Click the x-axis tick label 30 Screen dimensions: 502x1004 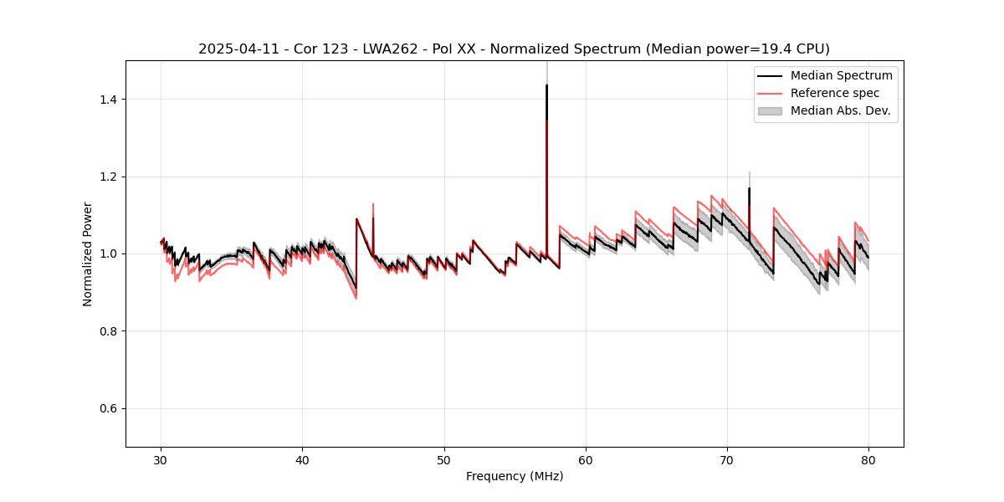(x=161, y=460)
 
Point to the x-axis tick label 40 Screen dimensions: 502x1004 (x=303, y=460)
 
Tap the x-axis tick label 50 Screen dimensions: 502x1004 (x=444, y=460)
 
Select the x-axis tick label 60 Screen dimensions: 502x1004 (x=586, y=460)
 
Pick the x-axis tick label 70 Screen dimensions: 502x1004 (x=727, y=460)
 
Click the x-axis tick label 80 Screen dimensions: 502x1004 (x=868, y=460)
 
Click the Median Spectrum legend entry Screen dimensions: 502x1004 (x=841, y=76)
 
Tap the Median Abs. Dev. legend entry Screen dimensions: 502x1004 (x=840, y=110)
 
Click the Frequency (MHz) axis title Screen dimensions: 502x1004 (x=515, y=477)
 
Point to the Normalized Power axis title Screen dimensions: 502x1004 (x=88, y=254)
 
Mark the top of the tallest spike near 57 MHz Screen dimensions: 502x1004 (x=546, y=85)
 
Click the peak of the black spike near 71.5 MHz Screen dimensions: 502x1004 (x=749, y=188)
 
